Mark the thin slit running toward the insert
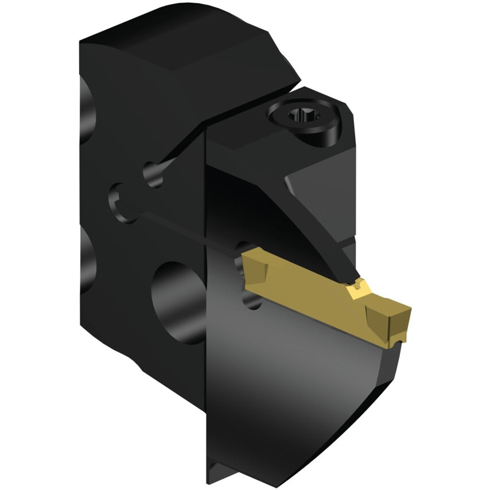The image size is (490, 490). click(x=189, y=230)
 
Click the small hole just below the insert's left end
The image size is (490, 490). click(x=252, y=298)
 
